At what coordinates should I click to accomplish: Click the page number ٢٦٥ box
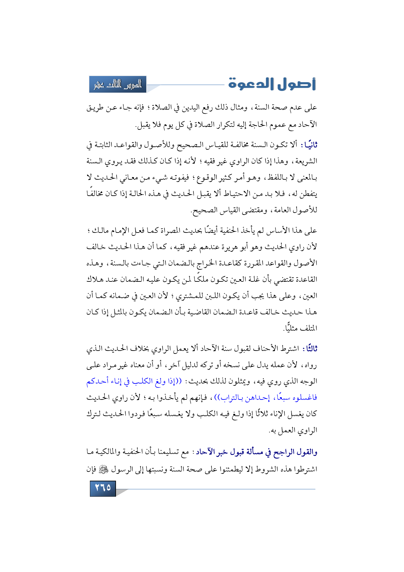pyautogui.click(x=103, y=488)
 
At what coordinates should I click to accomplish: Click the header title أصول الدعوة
pyautogui.click(x=272, y=84)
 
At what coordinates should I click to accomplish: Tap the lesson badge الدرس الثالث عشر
pyautogui.click(x=118, y=84)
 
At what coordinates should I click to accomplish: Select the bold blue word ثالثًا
pyautogui.click(x=310, y=349)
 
